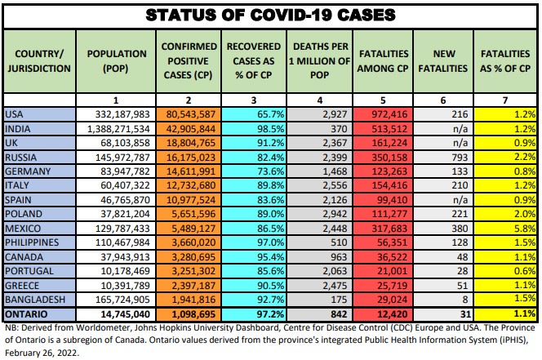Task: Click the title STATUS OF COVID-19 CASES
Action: click(x=270, y=15)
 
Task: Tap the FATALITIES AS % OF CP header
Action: click(x=507, y=61)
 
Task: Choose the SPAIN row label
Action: click(x=20, y=198)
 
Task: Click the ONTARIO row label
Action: click(x=27, y=313)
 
